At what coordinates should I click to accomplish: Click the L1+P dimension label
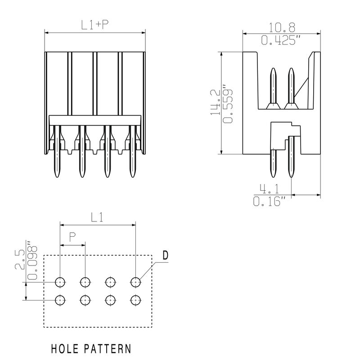tap(95, 25)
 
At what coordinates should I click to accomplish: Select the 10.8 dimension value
tap(282, 27)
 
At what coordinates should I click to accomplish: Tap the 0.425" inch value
tap(281, 40)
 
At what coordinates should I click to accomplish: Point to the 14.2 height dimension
tap(215, 103)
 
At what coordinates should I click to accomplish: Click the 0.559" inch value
tap(228, 104)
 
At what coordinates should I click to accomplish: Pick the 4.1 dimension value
tap(269, 189)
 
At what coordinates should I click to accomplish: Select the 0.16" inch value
tap(269, 201)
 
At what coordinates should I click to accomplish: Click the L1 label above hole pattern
tap(97, 217)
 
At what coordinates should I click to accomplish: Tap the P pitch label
tap(72, 237)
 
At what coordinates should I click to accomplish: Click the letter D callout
tap(165, 255)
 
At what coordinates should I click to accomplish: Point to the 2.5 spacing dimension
tap(20, 260)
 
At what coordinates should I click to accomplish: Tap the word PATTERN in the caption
tap(108, 349)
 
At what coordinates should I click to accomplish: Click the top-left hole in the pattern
tap(60, 282)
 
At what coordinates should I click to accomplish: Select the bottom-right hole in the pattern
tap(135, 300)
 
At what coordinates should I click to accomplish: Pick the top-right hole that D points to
tap(135, 282)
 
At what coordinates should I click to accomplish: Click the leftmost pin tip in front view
tap(57, 177)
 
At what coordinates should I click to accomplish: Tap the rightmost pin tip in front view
tap(132, 177)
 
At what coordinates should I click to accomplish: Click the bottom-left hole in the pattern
tap(60, 300)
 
